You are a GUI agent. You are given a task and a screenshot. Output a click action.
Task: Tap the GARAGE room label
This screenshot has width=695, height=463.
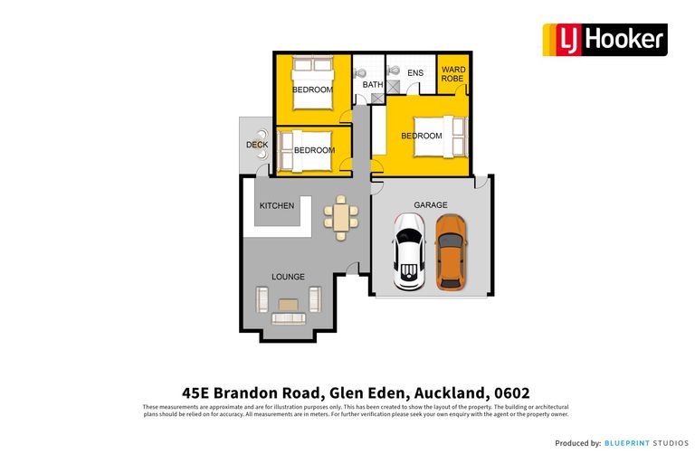(x=430, y=205)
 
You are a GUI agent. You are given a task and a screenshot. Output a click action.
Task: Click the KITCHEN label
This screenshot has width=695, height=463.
(x=277, y=206)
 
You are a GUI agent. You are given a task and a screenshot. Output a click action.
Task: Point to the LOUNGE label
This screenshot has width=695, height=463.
(x=288, y=277)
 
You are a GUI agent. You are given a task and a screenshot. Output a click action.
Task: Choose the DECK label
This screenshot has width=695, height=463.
(x=256, y=145)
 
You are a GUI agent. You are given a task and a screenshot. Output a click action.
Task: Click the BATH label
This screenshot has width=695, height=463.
(x=373, y=85)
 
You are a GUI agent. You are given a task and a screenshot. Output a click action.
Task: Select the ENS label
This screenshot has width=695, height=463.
(x=414, y=72)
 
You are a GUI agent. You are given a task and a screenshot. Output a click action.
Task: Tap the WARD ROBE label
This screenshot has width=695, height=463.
(x=453, y=74)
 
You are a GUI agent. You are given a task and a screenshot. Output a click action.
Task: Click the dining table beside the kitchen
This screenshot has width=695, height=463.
(x=339, y=215)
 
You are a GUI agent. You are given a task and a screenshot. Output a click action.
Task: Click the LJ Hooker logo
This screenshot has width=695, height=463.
(x=605, y=40)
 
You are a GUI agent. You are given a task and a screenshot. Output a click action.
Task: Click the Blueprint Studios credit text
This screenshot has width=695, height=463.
(x=647, y=443)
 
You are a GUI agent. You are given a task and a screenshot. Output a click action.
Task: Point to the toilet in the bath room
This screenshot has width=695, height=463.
(x=361, y=71)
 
